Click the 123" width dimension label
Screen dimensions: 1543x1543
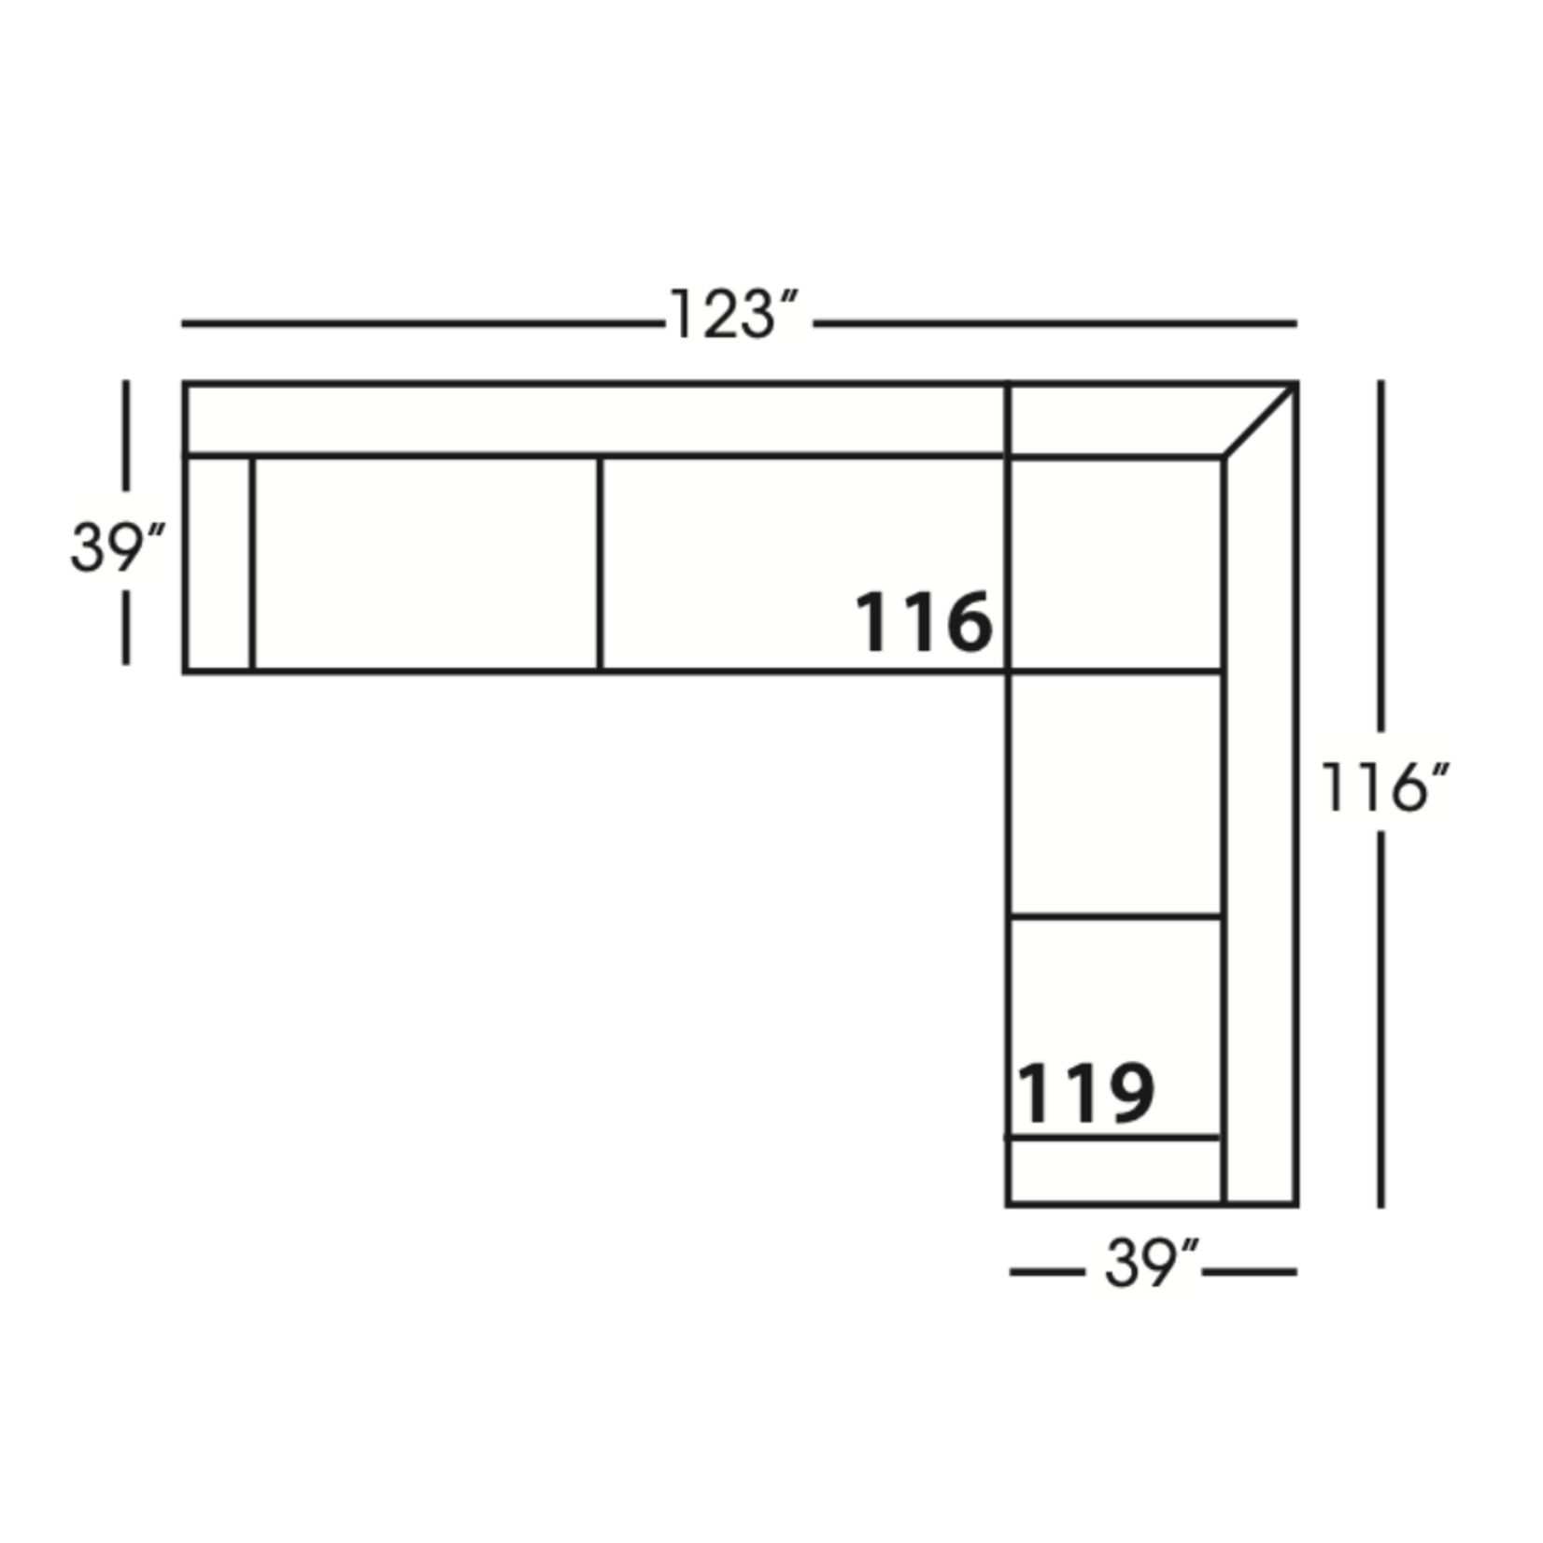pos(734,315)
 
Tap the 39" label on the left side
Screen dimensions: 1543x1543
pos(117,546)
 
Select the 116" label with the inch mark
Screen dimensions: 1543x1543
pos(1383,786)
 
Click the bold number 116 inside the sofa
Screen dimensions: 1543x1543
pos(923,621)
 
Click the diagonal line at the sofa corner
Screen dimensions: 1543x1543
pos(1259,420)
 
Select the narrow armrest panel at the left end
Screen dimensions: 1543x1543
pos(219,563)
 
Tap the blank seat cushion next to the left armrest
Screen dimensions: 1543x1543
pos(425,563)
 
